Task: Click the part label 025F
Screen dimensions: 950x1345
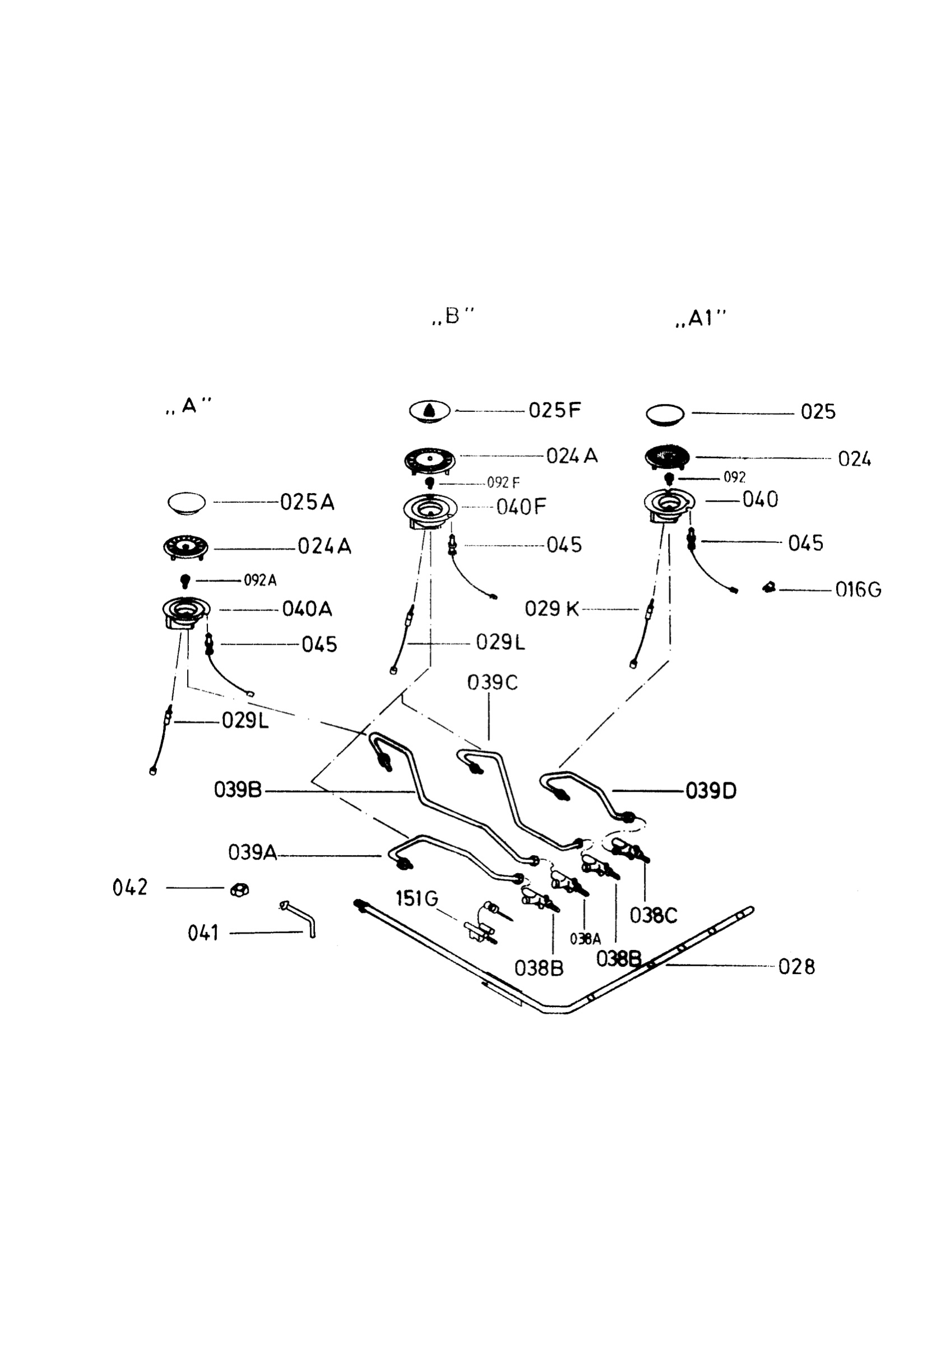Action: pyautogui.click(x=555, y=410)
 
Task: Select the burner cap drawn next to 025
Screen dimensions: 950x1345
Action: pyautogui.click(x=665, y=414)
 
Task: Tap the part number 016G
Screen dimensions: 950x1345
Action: pyautogui.click(x=858, y=589)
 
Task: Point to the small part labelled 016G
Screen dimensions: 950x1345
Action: pyautogui.click(x=769, y=586)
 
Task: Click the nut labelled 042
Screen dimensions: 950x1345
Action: pyautogui.click(x=239, y=890)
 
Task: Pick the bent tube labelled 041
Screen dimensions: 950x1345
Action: pyautogui.click(x=299, y=919)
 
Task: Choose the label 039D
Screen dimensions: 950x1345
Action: pyautogui.click(x=711, y=791)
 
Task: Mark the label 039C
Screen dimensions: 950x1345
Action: pyautogui.click(x=493, y=683)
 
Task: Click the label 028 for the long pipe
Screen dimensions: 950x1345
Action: pyautogui.click(x=796, y=967)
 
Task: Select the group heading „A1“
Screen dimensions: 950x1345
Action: pyautogui.click(x=701, y=318)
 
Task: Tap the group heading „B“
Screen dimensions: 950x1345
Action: pyautogui.click(x=453, y=316)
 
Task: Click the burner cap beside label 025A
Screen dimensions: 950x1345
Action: pyautogui.click(x=186, y=503)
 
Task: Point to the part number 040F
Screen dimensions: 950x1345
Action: pyautogui.click(x=521, y=507)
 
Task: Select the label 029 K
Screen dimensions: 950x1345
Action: pyautogui.click(x=552, y=609)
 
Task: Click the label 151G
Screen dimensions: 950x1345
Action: pyautogui.click(x=417, y=898)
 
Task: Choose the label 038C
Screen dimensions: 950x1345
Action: pyautogui.click(x=654, y=916)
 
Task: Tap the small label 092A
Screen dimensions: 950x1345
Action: pyautogui.click(x=260, y=581)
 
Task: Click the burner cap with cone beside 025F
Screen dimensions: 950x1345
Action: pyautogui.click(x=430, y=411)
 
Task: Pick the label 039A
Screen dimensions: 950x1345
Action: pyautogui.click(x=252, y=852)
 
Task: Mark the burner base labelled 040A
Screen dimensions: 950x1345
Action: pyautogui.click(x=186, y=613)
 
